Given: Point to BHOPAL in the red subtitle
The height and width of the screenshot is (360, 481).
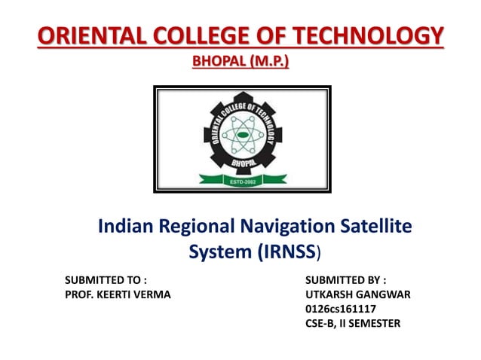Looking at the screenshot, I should click(219, 59).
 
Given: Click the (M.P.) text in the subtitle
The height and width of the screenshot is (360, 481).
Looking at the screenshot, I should click(268, 59).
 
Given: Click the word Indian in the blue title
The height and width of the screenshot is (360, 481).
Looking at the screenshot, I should click(123, 225).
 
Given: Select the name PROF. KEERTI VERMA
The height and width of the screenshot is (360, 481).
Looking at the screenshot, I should click(118, 294).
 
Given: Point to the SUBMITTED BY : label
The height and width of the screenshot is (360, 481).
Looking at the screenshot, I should click(346, 280).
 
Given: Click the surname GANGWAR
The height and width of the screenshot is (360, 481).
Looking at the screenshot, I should click(384, 294).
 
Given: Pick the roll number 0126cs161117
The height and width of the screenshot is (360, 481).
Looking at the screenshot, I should click(341, 309).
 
